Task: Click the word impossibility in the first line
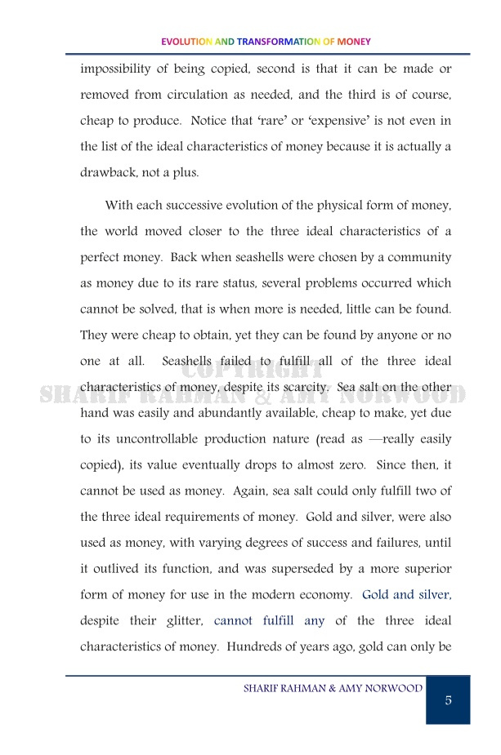120,69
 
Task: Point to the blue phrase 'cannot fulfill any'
269,621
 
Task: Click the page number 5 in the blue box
448,700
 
